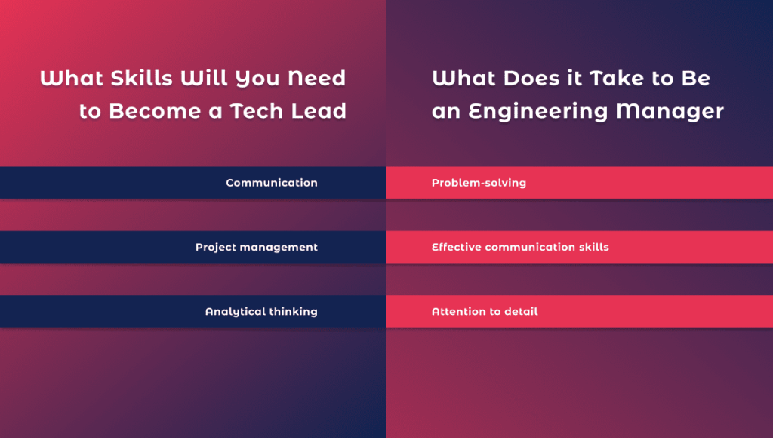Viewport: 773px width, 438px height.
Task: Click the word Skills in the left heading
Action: tap(141, 78)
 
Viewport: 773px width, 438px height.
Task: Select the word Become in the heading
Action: tap(155, 111)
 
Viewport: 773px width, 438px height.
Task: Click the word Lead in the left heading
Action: tap(319, 111)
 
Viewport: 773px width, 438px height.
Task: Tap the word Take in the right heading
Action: tap(617, 78)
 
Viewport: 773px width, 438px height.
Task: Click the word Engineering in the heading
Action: tap(538, 112)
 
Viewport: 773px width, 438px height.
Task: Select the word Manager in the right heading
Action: tap(670, 112)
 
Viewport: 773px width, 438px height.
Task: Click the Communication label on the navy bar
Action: tap(272, 183)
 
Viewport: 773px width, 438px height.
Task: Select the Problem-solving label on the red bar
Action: tap(479, 183)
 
